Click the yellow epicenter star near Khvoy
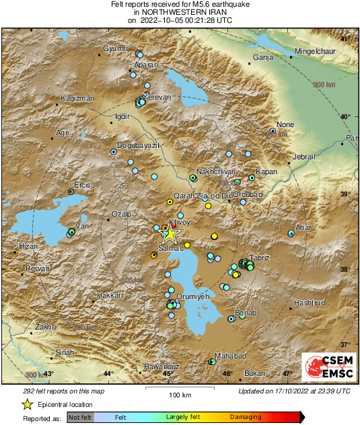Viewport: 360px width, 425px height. pos(170,233)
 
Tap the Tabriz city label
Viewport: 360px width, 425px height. pos(260,258)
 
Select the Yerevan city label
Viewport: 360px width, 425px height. pos(159,97)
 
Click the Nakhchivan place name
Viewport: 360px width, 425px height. pos(215,171)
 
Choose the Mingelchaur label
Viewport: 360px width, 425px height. pos(319,50)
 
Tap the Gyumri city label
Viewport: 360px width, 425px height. pos(116,49)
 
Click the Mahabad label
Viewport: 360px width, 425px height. pos(231,355)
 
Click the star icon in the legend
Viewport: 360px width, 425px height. pos(27,404)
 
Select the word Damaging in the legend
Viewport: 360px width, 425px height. pos(246,417)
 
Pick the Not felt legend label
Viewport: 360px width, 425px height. pos(81,417)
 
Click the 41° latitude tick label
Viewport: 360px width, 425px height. pos(345,39)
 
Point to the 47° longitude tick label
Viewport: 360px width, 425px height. pos(287,373)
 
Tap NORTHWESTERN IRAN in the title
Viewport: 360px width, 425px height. pos(180,12)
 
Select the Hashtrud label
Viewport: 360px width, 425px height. pos(310,303)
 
